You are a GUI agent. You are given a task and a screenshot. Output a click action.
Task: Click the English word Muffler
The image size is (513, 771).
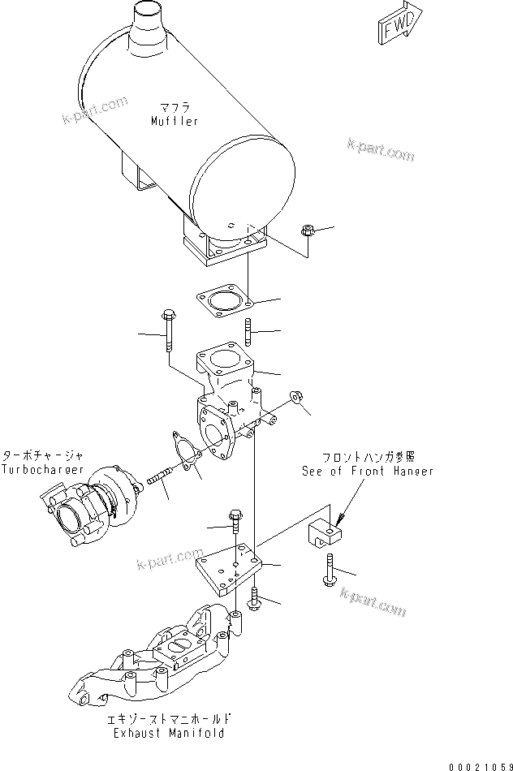coord(174,121)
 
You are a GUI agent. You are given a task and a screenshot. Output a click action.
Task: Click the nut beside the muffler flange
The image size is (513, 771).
coord(308,231)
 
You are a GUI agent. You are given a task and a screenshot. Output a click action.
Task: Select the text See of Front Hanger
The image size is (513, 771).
coord(367,471)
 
